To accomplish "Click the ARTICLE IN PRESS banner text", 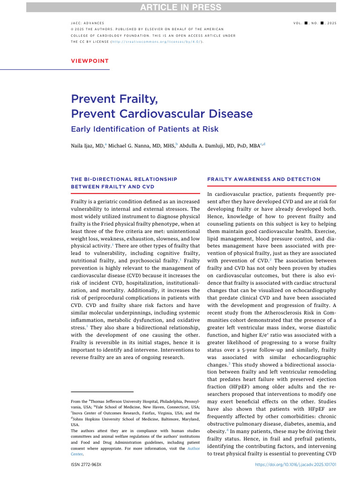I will [180, 7].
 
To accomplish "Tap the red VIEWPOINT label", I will [90, 61].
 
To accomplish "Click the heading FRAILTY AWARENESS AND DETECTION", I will [263, 180].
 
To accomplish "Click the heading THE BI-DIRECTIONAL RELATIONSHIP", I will [124, 180].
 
